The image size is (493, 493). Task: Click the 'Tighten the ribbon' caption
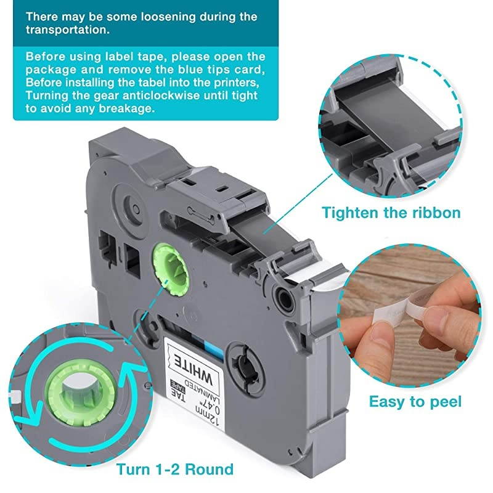click(390, 213)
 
